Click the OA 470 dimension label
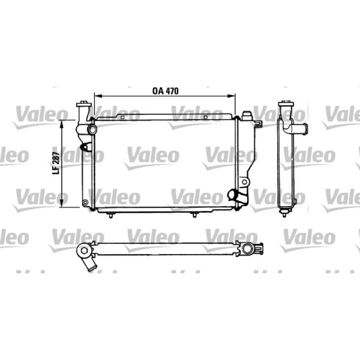coord(165,91)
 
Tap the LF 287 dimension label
coord(56,163)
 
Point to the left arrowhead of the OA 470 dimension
coord(98,96)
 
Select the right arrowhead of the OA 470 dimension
coord(231,96)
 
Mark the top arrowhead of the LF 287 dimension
coord(62,124)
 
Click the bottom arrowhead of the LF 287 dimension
coord(62,203)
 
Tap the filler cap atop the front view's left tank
coord(84,104)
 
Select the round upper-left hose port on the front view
coord(93,130)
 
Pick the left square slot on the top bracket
coord(122,117)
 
